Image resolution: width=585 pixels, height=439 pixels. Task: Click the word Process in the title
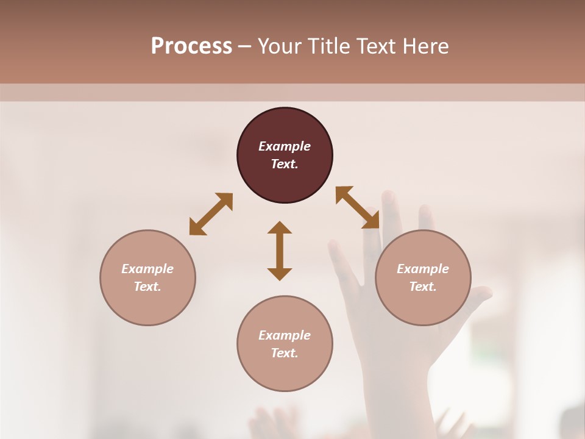[191, 46]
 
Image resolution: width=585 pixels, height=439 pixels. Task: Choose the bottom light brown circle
[285, 372]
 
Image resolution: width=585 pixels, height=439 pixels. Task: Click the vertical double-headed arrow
[280, 251]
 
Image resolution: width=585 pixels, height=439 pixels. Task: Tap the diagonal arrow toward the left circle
[211, 214]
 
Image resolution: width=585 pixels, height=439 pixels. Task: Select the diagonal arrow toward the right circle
[358, 207]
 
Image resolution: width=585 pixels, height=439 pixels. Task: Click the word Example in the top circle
[285, 146]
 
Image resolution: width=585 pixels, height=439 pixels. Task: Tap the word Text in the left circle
[147, 287]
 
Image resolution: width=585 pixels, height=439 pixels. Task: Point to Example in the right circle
[423, 269]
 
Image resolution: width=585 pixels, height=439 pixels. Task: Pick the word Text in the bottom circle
[284, 353]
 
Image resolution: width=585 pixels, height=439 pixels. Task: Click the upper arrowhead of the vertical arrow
[280, 228]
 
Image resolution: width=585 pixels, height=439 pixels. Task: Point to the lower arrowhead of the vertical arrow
[280, 273]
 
